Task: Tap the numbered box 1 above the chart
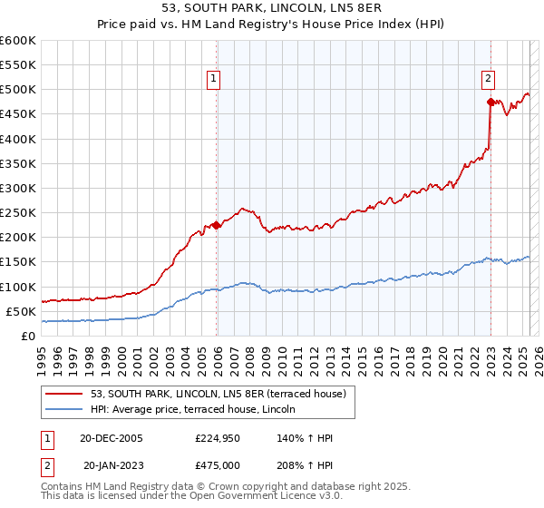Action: [213, 79]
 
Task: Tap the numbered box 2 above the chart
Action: [488, 79]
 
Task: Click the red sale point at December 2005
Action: [217, 225]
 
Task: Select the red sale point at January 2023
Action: [491, 102]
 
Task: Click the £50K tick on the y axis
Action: [22, 311]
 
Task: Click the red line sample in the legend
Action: [65, 394]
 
